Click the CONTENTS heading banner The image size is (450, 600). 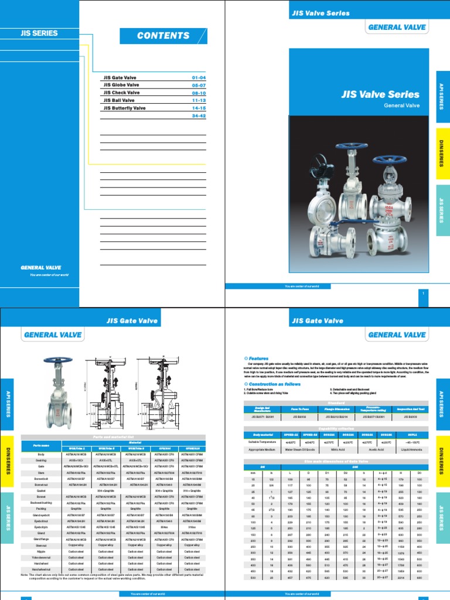[163, 36]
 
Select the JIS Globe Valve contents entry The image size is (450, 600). [122, 85]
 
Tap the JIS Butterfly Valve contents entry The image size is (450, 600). [125, 108]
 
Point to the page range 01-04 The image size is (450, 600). [199, 77]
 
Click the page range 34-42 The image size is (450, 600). [199, 115]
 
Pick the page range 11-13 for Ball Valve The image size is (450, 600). [199, 100]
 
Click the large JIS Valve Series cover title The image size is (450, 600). [380, 94]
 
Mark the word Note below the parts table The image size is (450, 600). [25, 574]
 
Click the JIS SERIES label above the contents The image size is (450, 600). [39, 33]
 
